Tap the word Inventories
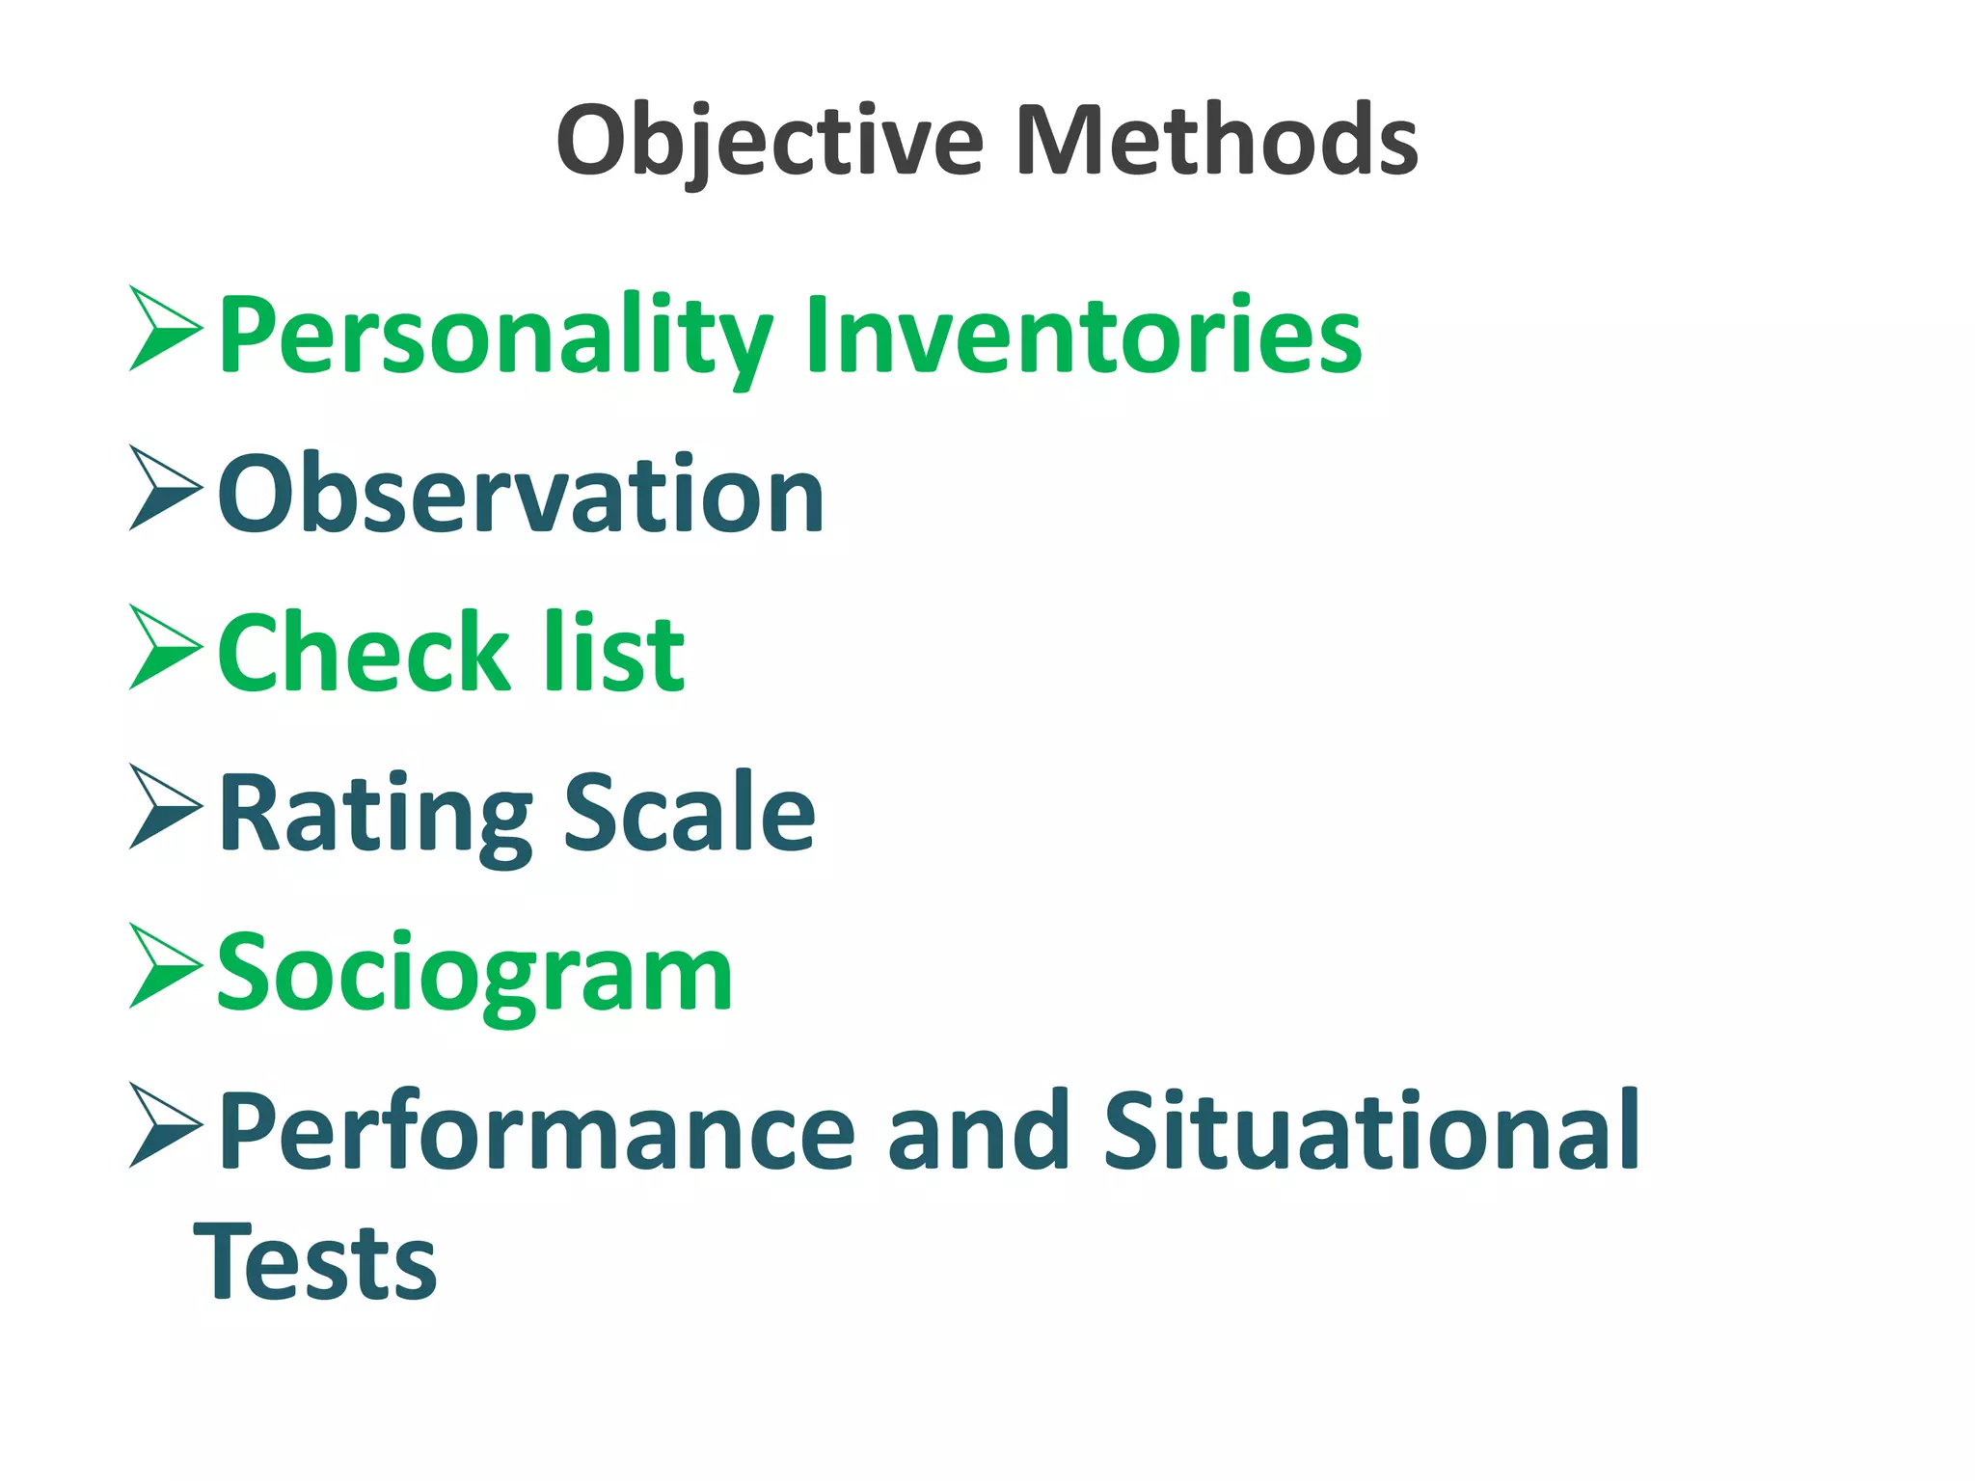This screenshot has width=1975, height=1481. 1084,334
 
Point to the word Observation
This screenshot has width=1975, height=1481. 521,494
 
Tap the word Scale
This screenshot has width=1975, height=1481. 690,812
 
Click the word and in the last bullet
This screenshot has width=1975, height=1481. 978,1130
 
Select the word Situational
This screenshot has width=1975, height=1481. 1370,1130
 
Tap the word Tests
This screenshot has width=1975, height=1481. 315,1261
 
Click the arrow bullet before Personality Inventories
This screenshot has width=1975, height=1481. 164,329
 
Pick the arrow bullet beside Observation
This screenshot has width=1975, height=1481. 164,488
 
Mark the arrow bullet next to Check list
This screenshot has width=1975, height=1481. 164,648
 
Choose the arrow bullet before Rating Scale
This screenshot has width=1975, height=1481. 164,807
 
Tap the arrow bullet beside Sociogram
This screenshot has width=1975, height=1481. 164,967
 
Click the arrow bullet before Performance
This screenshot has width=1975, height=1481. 164,1126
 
